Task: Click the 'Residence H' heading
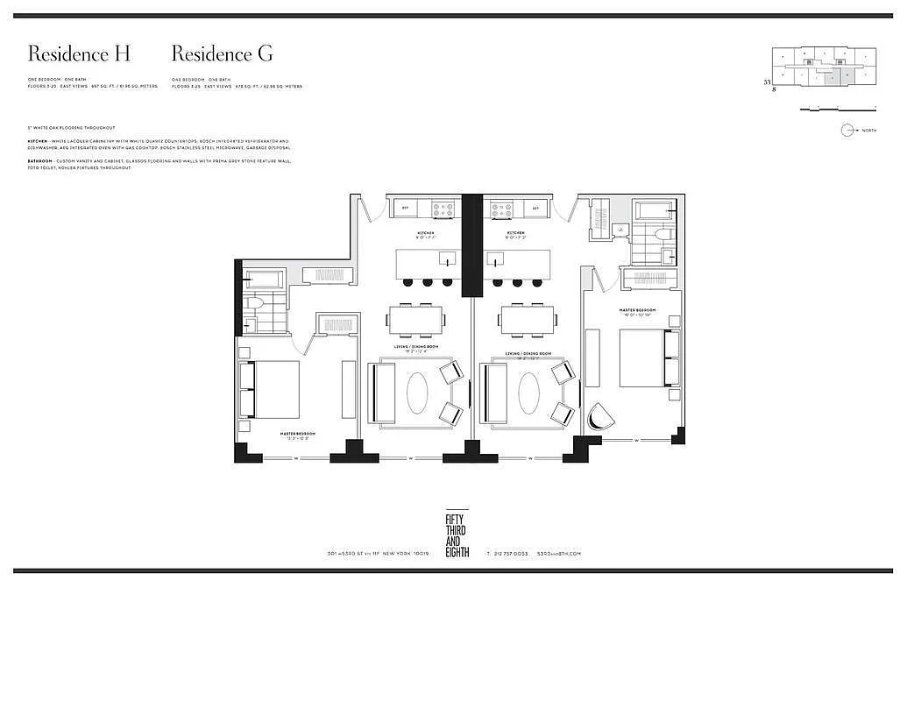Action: click(x=79, y=53)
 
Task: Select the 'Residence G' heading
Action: click(x=222, y=53)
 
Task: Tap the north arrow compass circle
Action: click(x=847, y=131)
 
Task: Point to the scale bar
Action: click(x=839, y=109)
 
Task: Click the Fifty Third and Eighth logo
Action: click(x=457, y=535)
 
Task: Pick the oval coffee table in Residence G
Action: click(x=528, y=393)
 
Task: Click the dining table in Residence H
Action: click(x=416, y=320)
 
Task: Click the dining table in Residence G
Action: click(x=528, y=320)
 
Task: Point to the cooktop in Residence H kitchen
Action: click(x=443, y=209)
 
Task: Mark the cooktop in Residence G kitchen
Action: click(x=502, y=209)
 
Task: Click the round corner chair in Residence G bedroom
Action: click(x=597, y=416)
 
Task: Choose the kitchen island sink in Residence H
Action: click(x=447, y=260)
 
